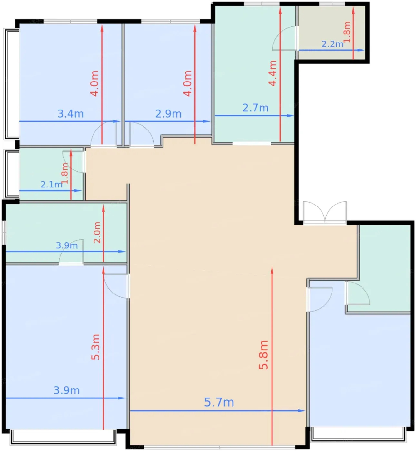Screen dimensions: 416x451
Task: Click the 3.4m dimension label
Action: (x=71, y=114)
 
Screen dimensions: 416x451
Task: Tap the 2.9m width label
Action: (x=168, y=114)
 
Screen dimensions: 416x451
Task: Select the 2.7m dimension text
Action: (x=255, y=108)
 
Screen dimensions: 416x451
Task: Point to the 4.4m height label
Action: (x=272, y=73)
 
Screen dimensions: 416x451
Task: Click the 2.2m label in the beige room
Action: (x=332, y=44)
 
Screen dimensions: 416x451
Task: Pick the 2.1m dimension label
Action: (x=51, y=185)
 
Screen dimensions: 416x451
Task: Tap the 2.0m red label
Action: (x=97, y=232)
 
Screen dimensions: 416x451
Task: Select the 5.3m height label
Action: (x=95, y=347)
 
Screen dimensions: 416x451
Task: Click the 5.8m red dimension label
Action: (x=263, y=355)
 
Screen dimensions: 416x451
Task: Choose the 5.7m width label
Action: (x=219, y=402)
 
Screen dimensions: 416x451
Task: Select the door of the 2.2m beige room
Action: (x=285, y=38)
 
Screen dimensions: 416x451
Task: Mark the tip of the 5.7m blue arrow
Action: (x=305, y=411)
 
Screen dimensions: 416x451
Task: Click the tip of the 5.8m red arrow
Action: (x=272, y=267)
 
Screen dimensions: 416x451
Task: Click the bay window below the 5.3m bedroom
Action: (x=63, y=437)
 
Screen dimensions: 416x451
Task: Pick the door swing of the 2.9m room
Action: (x=142, y=134)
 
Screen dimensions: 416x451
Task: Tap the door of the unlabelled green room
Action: (x=358, y=293)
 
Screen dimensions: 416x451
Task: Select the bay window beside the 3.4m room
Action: (x=11, y=84)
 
